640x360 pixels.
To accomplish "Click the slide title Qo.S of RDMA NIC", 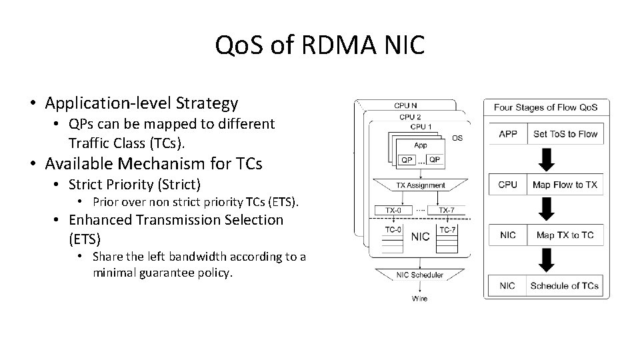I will tap(320, 45).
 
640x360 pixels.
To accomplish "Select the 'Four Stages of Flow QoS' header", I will tap(546, 107).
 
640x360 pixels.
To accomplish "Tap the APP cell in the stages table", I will tap(508, 134).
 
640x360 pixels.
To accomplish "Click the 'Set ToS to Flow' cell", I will tap(565, 134).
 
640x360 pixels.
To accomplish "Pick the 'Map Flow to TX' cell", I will tap(565, 185).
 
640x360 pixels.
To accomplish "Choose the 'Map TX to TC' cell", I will tap(565, 235).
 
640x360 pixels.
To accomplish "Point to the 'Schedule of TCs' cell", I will tap(565, 287).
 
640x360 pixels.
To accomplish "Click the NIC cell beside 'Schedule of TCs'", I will tap(508, 287).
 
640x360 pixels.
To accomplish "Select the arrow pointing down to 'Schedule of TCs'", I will tap(547, 261).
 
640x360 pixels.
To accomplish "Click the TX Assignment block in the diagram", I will tap(420, 185).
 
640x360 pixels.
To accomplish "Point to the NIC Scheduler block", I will tap(420, 275).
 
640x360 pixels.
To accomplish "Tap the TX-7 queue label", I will tap(447, 210).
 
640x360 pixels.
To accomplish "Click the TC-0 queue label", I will tap(393, 229).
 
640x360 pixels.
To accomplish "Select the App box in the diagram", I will tap(420, 145).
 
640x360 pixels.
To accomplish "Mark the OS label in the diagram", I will tap(457, 138).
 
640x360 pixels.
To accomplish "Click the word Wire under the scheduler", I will tap(419, 298).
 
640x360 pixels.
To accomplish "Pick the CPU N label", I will tap(406, 105).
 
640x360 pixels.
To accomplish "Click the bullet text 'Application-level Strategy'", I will tap(141, 103).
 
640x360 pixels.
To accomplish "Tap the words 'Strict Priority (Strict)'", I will tap(134, 183).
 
